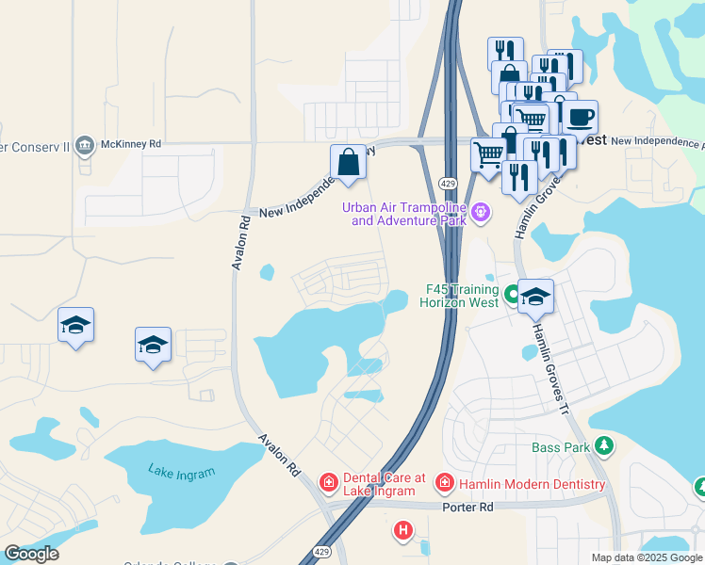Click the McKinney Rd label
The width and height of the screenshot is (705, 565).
click(x=133, y=144)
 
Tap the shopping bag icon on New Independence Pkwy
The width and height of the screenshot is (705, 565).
click(x=348, y=162)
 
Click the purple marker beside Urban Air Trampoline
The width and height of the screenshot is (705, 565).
click(x=481, y=212)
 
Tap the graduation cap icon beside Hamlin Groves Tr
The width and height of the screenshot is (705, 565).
click(x=535, y=297)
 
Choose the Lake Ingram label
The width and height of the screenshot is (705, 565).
click(x=182, y=473)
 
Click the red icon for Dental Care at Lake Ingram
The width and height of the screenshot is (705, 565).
click(x=328, y=483)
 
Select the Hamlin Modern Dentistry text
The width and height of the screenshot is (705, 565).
click(x=532, y=484)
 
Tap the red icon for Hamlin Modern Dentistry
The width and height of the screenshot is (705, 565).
click(x=444, y=484)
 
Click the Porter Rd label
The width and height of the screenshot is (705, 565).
click(x=467, y=508)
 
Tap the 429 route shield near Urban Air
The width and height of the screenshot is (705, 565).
click(x=448, y=181)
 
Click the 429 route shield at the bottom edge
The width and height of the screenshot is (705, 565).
click(x=321, y=552)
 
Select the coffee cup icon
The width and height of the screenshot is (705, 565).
click(x=581, y=118)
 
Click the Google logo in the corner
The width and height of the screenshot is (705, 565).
click(x=32, y=554)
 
